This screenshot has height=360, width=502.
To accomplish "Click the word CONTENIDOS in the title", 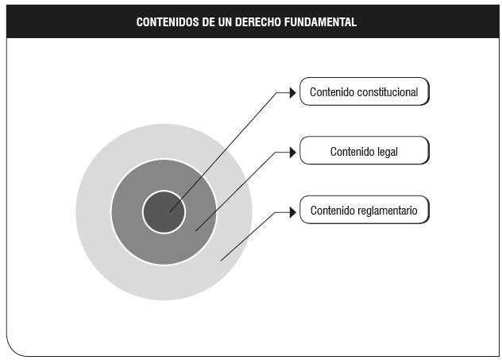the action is point(168,22).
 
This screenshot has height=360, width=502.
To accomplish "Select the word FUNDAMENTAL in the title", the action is point(320,22).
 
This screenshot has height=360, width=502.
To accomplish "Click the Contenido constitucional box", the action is point(365,91).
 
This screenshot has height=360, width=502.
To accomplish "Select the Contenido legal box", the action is point(365,150).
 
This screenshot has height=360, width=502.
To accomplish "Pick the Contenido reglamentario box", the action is point(365,210).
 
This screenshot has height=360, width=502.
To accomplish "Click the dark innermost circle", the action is point(164,212).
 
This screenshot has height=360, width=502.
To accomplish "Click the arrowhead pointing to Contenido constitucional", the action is point(292,93).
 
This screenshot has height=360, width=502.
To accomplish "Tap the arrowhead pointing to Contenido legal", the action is point(292,153).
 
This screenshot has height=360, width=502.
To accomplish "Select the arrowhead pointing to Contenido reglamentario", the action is point(292,212).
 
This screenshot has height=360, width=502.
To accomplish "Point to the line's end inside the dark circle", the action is point(170,211).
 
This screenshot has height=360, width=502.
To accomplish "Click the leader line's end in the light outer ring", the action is point(221,261).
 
